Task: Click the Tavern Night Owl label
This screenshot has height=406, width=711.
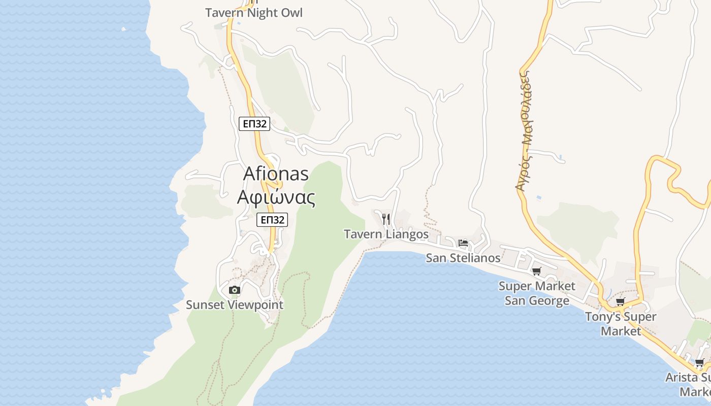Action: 253,13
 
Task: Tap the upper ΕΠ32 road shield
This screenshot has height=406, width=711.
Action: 254,123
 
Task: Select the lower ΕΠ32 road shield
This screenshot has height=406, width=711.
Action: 272,220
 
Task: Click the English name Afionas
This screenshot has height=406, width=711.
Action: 276,174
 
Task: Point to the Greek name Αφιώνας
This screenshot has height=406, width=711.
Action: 276,197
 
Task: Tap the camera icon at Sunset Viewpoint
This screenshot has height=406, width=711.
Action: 234,290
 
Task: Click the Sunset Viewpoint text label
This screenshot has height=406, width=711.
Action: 234,305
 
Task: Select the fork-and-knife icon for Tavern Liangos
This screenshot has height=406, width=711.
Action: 386,219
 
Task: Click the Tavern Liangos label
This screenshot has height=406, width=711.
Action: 386,234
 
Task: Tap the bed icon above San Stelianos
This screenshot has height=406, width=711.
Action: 463,243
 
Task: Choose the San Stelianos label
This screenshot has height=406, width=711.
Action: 463,258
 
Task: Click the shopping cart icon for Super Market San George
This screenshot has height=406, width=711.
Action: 536,272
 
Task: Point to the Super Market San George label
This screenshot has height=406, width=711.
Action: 537,293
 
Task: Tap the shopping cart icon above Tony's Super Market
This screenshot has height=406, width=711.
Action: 620,302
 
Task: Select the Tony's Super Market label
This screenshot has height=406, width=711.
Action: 621,324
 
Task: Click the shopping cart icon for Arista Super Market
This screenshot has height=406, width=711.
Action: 699,363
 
